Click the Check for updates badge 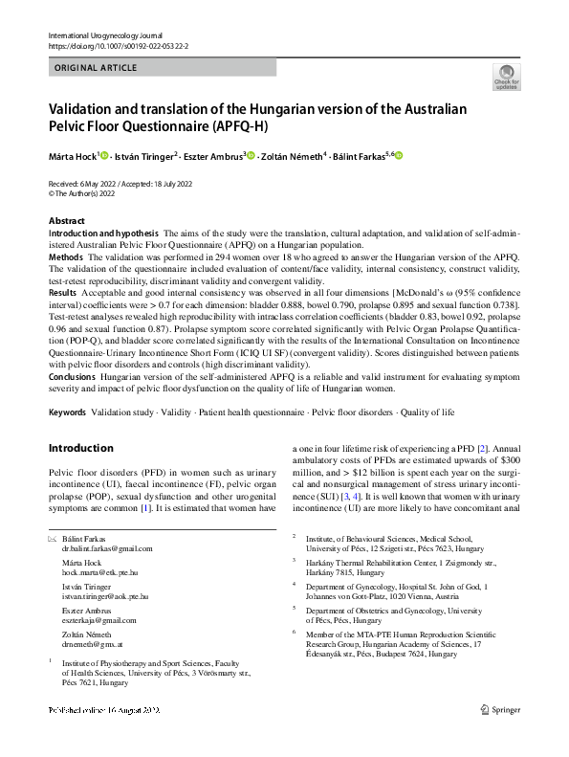pyautogui.click(x=507, y=78)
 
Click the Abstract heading pyautogui.click(x=67, y=221)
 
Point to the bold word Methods pyautogui.click(x=65, y=258)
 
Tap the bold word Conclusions pyautogui.click(x=73, y=376)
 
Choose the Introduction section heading pyautogui.click(x=80, y=448)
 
